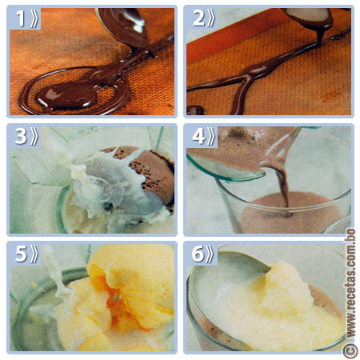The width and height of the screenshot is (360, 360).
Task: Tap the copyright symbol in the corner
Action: [350, 350]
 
